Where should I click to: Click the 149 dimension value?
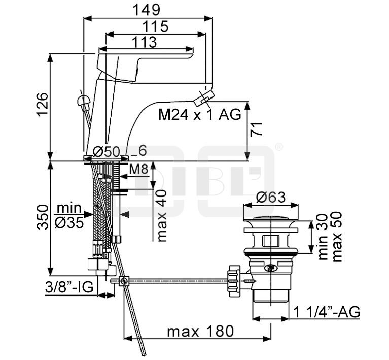pos(146,10)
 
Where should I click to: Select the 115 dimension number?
pos(156,26)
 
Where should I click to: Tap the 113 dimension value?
pos(144,42)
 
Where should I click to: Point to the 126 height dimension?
pos(42,104)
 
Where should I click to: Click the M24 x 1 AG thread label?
pos(200,115)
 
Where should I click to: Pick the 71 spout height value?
pos(256,129)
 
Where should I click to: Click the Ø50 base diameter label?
pos(107,151)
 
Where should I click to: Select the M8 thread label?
pos(139,170)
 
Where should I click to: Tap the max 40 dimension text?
pos(162,215)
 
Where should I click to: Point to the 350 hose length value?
pos(42,217)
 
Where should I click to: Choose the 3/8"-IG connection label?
pos(69,287)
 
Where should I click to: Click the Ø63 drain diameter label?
pos(271,198)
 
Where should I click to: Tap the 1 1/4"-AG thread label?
pos(327,312)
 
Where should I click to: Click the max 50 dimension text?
pos(337,236)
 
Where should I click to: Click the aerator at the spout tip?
pos(204,98)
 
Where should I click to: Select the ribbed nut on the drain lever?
pos(234,281)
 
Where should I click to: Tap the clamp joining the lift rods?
pos(124,281)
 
